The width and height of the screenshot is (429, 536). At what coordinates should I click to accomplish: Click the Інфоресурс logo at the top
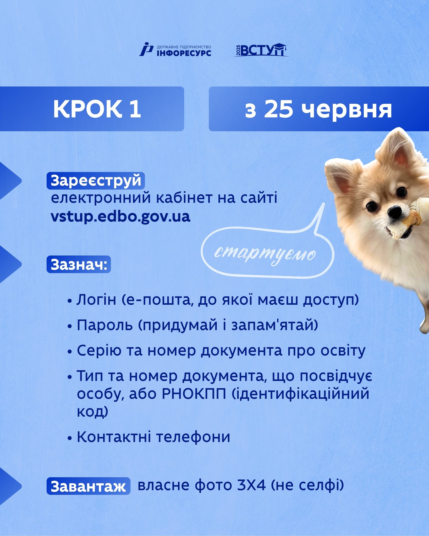(175, 49)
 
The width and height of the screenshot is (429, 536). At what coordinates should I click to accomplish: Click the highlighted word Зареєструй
(96, 181)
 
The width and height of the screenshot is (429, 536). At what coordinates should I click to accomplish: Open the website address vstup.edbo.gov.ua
(120, 216)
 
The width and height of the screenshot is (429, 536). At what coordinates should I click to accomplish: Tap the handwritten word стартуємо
(265, 254)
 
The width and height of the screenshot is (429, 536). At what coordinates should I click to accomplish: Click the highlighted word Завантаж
(89, 486)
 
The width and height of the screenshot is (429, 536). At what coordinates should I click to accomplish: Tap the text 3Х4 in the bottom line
(251, 485)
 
